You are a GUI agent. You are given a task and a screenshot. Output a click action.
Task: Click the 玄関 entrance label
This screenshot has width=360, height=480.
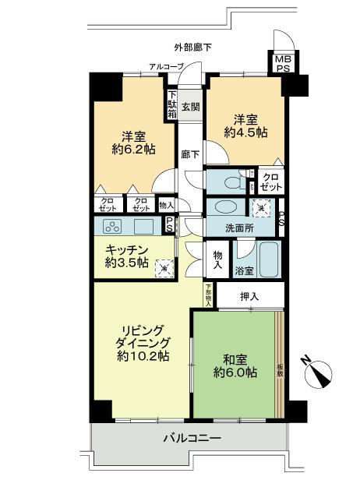(191, 107)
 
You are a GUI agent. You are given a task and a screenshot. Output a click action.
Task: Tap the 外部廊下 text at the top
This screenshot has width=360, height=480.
(193, 48)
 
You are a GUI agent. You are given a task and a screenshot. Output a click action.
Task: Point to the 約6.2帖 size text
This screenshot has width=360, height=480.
(129, 149)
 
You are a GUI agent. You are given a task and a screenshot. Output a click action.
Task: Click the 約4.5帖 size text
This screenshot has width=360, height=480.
(246, 133)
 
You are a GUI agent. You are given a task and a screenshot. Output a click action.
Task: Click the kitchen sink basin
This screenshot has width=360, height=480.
(143, 226)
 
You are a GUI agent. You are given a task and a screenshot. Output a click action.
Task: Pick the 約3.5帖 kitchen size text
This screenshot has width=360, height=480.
(126, 263)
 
